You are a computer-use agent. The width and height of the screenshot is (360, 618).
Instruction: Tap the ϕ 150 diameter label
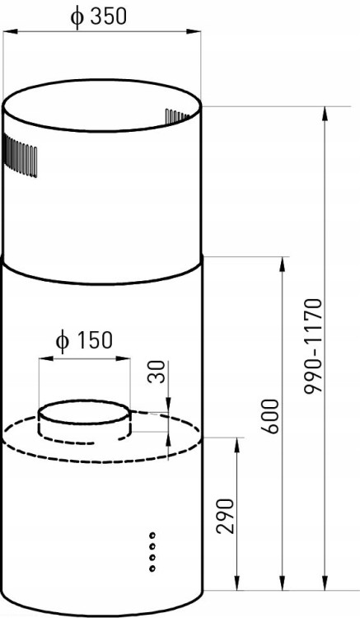(x=84, y=340)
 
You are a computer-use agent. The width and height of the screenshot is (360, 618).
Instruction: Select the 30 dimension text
(x=157, y=372)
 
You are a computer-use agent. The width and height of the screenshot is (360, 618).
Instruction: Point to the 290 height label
(x=226, y=516)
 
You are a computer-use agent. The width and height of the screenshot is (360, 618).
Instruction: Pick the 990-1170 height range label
(x=314, y=346)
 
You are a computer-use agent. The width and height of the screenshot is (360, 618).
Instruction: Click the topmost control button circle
(x=152, y=536)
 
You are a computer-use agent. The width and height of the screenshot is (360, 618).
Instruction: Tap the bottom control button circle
(x=152, y=568)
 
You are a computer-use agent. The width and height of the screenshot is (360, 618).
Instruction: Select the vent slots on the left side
(x=20, y=156)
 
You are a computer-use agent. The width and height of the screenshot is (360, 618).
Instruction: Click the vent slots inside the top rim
(x=177, y=116)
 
